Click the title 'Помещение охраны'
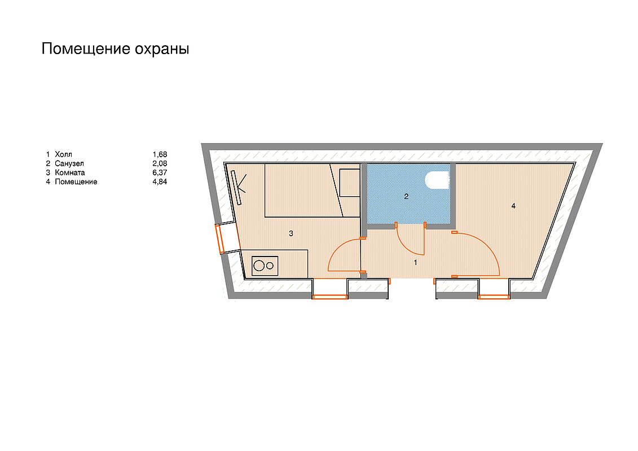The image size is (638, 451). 115,49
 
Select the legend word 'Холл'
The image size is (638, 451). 64,154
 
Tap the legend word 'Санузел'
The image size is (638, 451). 69,163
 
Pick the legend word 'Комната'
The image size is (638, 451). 70,173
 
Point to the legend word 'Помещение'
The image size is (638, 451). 76,182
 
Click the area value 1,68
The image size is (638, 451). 160,154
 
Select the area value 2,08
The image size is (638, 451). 160,163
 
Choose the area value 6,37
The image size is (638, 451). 160,173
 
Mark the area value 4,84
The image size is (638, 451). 160,182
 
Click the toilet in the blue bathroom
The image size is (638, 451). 438,180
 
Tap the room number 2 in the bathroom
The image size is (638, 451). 406,197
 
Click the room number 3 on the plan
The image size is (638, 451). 291,233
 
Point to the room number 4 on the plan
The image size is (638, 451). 513,206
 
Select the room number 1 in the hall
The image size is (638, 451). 415,263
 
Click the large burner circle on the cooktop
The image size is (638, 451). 259,266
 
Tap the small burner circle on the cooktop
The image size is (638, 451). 270,266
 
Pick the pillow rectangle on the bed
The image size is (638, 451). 350,183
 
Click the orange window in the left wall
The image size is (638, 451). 220,238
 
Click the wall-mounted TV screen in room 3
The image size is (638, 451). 236,188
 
